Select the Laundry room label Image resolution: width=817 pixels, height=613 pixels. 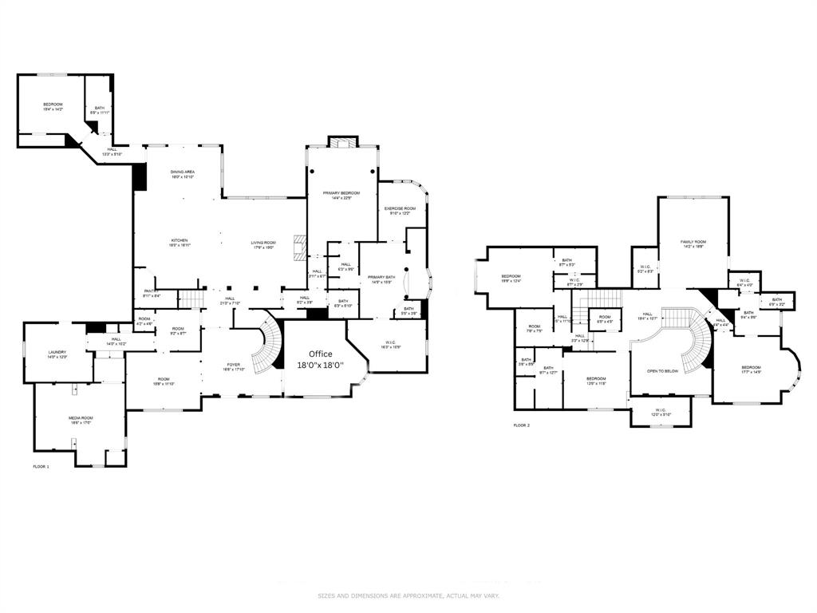(57, 354)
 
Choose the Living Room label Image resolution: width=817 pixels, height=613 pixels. (263, 245)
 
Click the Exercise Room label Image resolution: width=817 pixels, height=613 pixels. (400, 211)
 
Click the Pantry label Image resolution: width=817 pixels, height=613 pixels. (152, 293)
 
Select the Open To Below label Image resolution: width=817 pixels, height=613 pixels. (662, 371)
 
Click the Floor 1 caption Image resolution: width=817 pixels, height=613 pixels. (41, 466)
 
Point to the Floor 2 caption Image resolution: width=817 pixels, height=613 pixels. (521, 425)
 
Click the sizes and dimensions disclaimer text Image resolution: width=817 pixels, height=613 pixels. (408, 595)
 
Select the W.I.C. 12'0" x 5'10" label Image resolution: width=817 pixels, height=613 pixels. (661, 412)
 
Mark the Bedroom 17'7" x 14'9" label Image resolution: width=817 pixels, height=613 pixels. (751, 370)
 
